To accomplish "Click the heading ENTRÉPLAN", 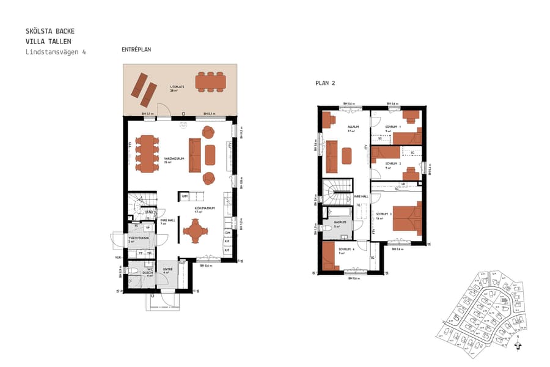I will pyautogui.click(x=136, y=50).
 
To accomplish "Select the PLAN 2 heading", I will pyautogui.click(x=325, y=83).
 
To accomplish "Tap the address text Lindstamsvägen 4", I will pyautogui.click(x=56, y=53).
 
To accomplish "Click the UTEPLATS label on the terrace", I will pyautogui.click(x=177, y=87).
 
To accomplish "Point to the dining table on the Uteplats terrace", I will pyautogui.click(x=210, y=82).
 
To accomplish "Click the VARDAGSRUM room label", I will pyautogui.click(x=174, y=158).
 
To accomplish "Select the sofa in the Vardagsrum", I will pyautogui.click(x=195, y=155).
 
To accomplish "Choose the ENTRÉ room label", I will pyautogui.click(x=167, y=270).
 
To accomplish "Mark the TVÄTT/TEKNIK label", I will pyautogui.click(x=135, y=239).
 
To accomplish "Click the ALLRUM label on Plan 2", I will pyautogui.click(x=351, y=127).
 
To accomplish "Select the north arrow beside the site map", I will pyautogui.click(x=518, y=344).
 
